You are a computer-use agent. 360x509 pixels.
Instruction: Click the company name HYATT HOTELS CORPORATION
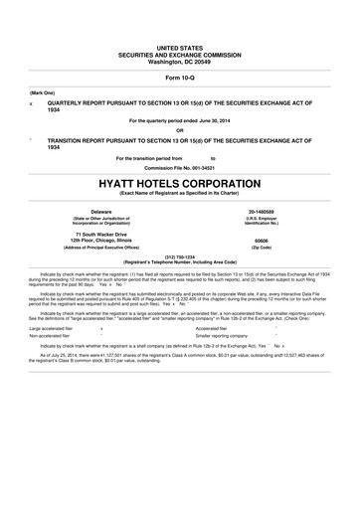pyautogui.click(x=180, y=184)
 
